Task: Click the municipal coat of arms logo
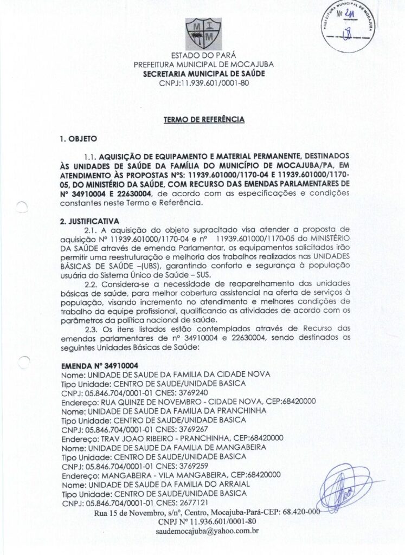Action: click(x=203, y=34)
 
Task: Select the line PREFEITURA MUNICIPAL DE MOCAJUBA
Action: click(x=203, y=64)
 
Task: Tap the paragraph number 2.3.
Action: click(x=91, y=328)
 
